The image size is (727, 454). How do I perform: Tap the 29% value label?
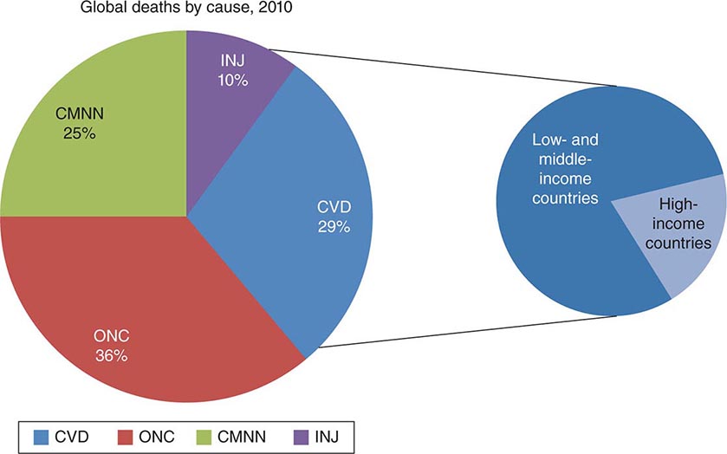click(x=333, y=226)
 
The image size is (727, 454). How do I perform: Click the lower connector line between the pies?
click(x=468, y=332)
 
